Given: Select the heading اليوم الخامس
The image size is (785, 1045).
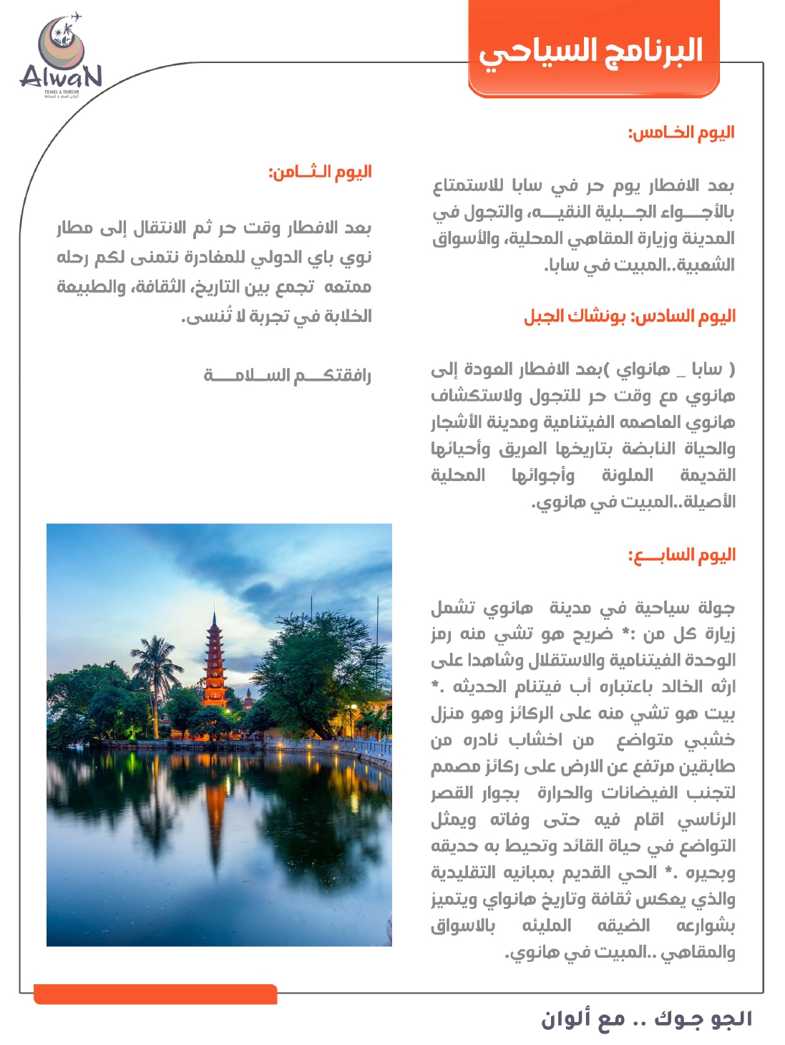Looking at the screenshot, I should tap(681, 132).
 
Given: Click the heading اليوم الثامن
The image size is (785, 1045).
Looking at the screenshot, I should tap(320, 172).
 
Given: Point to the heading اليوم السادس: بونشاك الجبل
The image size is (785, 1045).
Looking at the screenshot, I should tap(630, 316).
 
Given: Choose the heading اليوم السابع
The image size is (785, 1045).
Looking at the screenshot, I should tap(681, 555).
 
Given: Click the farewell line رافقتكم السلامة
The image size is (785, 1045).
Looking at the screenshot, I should tap(287, 375).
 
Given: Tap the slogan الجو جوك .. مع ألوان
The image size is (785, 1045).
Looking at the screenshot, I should tap(646, 1018).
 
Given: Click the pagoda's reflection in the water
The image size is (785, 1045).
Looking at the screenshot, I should tap(215, 802).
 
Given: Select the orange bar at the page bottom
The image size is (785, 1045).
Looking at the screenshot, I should tap(155, 994).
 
